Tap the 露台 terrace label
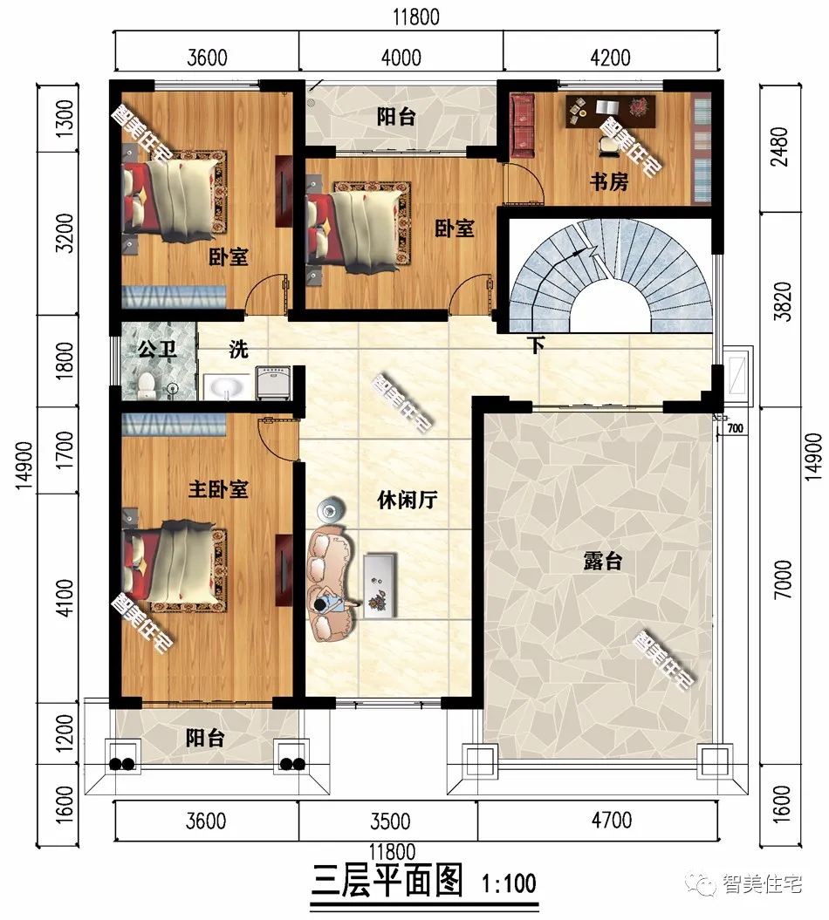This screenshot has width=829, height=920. pos(602,561)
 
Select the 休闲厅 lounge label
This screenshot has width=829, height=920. pos(407,501)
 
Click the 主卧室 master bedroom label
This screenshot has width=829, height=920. pos(218,488)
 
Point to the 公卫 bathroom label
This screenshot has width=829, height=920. pos(157,351)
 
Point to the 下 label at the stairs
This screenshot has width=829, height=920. pos(537,345)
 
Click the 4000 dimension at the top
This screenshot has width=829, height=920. pos(401,58)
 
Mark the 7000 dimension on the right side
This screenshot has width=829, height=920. pos(784,578)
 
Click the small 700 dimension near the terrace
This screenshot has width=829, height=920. pos(735,428)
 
